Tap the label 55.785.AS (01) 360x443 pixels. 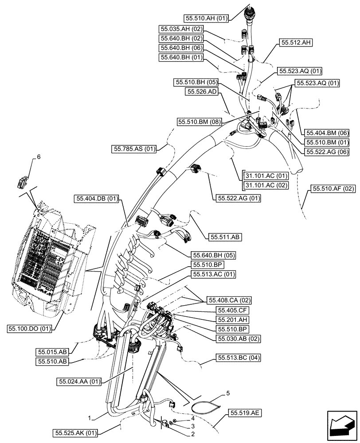[x=134, y=149]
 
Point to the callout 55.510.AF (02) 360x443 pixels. [x=333, y=189]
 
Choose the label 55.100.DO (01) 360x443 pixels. [x=30, y=328]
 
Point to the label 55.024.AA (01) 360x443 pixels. [x=79, y=381]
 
